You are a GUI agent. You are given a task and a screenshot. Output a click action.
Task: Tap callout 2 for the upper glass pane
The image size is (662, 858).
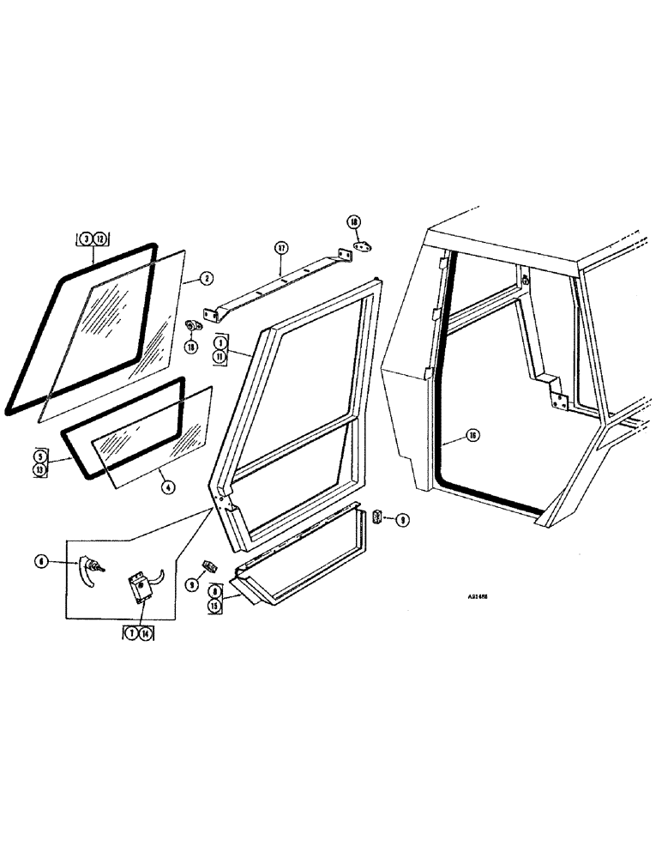click(207, 277)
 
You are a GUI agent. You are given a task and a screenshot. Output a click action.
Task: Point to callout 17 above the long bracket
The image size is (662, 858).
click(280, 251)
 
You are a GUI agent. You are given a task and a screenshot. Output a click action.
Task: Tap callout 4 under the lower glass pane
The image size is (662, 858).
click(168, 486)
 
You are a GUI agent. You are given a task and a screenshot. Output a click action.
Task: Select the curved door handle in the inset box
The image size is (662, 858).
click(87, 570)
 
